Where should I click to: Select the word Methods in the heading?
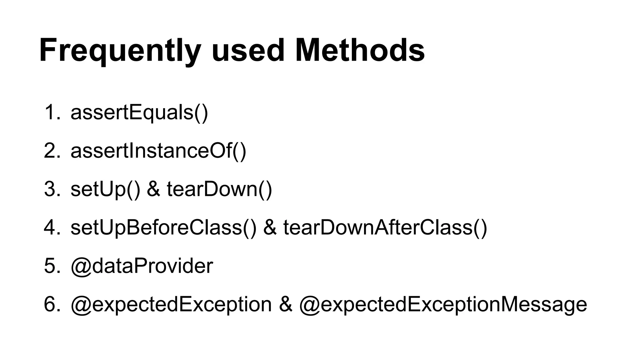coord(360,51)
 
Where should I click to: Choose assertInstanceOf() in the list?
coord(158,151)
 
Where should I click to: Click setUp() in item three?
coord(105,189)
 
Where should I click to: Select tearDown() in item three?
coord(219,189)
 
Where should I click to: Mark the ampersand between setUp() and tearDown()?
coord(153,189)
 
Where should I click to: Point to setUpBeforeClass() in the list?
coord(163,227)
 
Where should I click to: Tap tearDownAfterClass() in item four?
coord(385,227)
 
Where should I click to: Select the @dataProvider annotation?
coord(142,266)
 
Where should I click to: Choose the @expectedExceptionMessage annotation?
coord(443,304)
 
